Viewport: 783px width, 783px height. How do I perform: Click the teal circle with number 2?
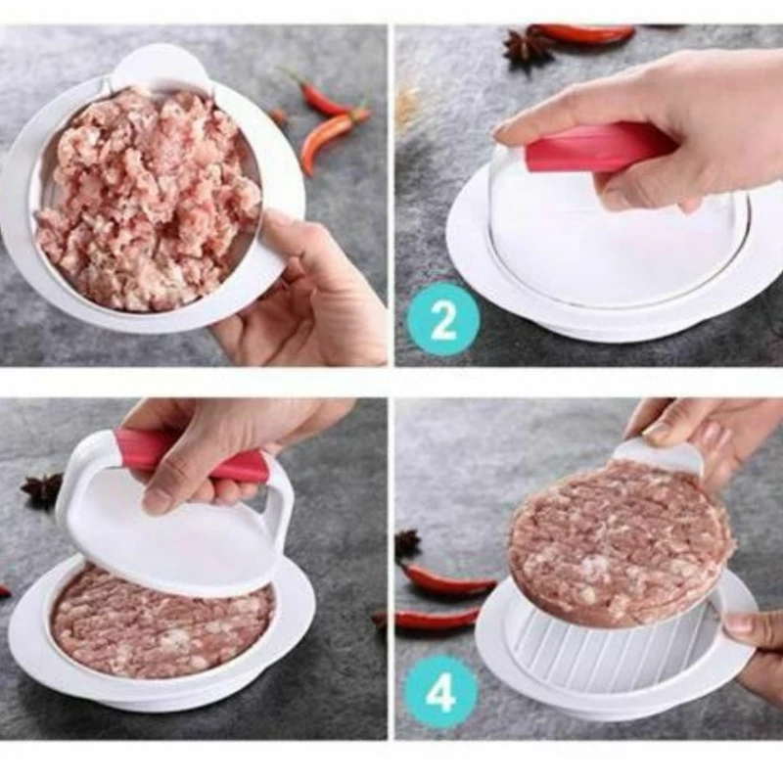[x=443, y=319]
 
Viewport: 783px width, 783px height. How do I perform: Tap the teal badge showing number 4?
[x=440, y=692]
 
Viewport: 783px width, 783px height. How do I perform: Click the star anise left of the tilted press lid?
[x=41, y=490]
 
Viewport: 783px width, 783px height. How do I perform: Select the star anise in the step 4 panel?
[x=408, y=545]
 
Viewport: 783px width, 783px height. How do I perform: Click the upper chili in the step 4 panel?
[x=444, y=579]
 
